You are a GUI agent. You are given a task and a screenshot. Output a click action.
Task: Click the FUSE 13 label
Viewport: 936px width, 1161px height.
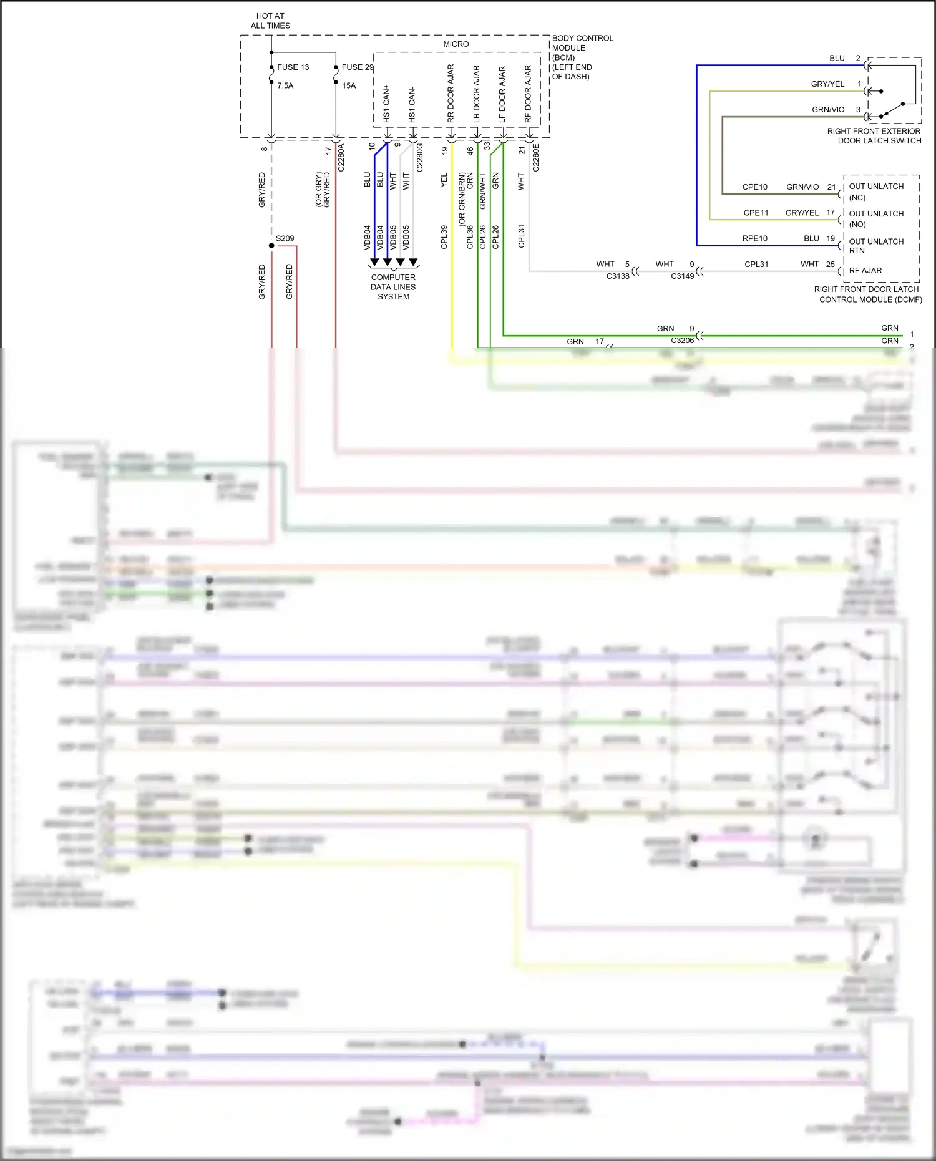click(x=293, y=67)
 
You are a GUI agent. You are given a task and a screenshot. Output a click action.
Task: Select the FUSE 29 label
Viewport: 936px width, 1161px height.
click(x=357, y=67)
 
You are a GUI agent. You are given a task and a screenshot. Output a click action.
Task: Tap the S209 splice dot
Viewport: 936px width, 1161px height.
click(x=271, y=246)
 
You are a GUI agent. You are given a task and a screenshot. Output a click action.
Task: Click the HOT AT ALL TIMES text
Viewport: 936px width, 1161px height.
click(x=270, y=21)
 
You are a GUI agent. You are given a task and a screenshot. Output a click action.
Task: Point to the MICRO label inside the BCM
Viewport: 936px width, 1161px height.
click(x=456, y=44)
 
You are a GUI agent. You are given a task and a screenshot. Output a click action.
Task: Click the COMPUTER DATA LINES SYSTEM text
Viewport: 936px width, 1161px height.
click(x=393, y=287)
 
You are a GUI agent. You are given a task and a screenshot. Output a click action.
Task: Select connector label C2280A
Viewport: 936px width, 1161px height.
click(x=341, y=157)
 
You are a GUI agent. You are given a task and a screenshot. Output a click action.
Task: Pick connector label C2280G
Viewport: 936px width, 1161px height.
click(x=419, y=157)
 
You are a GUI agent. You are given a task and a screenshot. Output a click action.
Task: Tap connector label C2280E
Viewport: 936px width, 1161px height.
click(x=535, y=157)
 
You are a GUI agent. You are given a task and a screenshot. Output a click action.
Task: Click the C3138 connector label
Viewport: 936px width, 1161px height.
click(x=618, y=276)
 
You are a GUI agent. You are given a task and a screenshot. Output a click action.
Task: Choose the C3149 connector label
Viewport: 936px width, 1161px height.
click(x=682, y=276)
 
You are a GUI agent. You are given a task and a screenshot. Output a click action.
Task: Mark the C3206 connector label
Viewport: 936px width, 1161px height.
click(x=682, y=341)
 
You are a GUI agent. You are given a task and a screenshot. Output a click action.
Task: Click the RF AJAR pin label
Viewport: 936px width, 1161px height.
click(x=865, y=271)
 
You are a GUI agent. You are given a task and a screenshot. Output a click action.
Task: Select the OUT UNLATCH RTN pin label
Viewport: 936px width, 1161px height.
click(x=875, y=246)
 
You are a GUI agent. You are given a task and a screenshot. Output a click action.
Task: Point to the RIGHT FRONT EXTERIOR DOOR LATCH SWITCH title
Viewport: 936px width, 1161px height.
click(x=874, y=136)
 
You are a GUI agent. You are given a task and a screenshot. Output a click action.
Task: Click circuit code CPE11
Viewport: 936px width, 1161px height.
click(x=756, y=213)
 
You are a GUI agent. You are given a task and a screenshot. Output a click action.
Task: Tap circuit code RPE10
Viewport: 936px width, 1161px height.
click(x=754, y=238)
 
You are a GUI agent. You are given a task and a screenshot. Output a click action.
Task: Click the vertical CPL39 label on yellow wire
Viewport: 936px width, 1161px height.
click(x=444, y=237)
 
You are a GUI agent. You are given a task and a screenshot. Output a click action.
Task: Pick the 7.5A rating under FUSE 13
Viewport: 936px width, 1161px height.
click(x=285, y=86)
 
